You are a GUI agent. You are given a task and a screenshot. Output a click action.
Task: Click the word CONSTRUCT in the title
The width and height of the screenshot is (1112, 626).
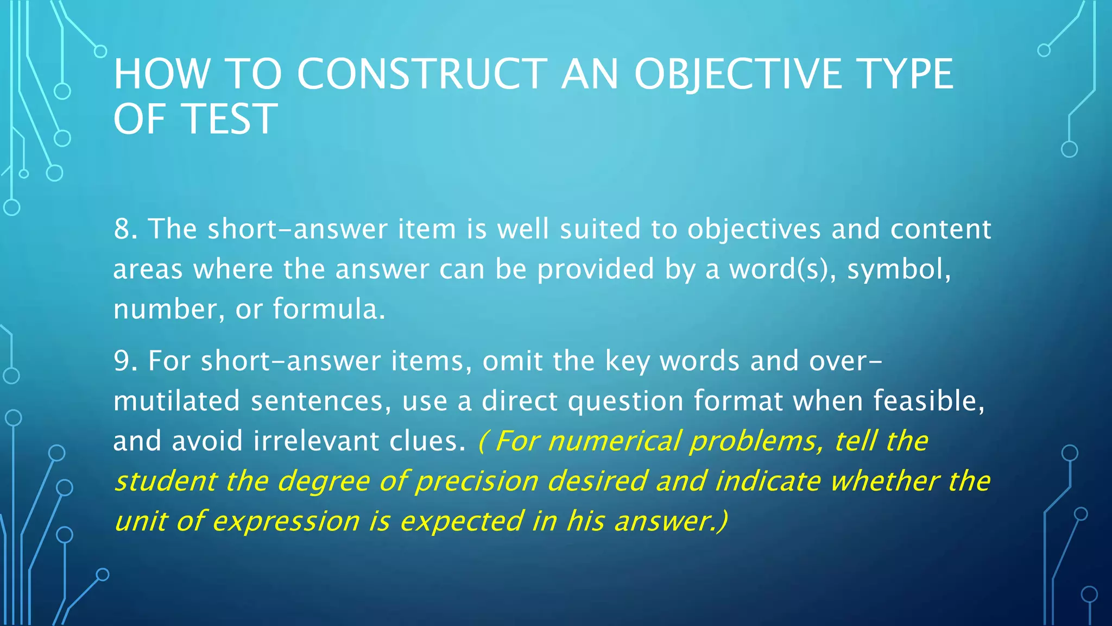pyautogui.click(x=422, y=74)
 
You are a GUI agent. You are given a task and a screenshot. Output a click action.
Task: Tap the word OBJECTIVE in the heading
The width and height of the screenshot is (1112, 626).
pyautogui.click(x=738, y=74)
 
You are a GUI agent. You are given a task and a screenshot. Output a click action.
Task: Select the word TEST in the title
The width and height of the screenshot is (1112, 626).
pyautogui.click(x=230, y=119)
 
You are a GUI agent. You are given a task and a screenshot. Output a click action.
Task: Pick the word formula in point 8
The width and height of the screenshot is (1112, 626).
pyautogui.click(x=328, y=309)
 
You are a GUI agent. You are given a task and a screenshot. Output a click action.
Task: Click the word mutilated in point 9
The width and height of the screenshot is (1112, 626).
pyautogui.click(x=176, y=401)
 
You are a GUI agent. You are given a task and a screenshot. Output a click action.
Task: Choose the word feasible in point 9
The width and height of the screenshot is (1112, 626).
pyautogui.click(x=928, y=401)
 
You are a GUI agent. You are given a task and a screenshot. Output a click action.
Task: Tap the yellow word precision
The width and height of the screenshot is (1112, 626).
pyautogui.click(x=477, y=481)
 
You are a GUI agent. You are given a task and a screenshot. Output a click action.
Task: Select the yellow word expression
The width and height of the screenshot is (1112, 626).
pyautogui.click(x=286, y=521)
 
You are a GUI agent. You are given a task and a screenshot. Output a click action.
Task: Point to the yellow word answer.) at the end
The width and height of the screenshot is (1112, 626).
pyautogui.click(x=671, y=521)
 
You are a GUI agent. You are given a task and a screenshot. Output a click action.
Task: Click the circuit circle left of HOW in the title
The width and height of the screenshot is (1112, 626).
pyautogui.click(x=100, y=52)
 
